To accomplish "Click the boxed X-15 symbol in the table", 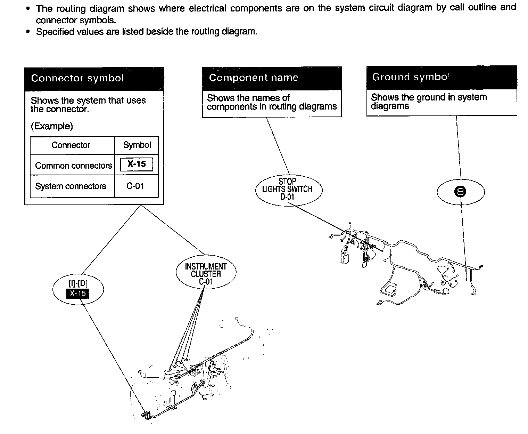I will point(137,164).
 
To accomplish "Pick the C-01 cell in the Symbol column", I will point(135,186).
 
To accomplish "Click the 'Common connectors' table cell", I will point(74,166).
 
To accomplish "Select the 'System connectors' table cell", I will point(71,186).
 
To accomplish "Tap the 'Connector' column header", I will point(71,145).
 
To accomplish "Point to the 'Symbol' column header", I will point(137,145).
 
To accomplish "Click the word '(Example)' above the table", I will point(52,126).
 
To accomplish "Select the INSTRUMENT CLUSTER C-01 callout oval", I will point(206,274).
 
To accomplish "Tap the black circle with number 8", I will point(461,192).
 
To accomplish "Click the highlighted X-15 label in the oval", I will point(77,294).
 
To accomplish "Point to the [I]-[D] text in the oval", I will point(78,284).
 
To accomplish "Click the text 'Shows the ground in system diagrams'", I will point(429,102).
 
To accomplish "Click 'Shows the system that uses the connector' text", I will point(88,105).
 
